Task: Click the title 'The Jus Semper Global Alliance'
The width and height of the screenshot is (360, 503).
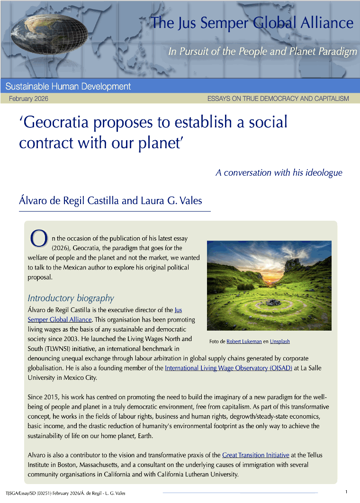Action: click(x=252, y=22)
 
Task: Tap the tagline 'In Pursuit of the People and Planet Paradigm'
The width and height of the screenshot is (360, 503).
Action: click(x=262, y=52)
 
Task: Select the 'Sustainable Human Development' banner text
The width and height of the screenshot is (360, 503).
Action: click(x=68, y=87)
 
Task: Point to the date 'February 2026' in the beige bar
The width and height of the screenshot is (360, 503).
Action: click(x=28, y=99)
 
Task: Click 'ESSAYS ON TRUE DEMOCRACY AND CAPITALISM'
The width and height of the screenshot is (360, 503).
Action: click(x=278, y=99)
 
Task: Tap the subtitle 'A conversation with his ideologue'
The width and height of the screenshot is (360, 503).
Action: click(x=279, y=172)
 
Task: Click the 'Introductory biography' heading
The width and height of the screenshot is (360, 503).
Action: click(x=71, y=298)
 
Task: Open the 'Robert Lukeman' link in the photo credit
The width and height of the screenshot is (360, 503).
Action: click(x=244, y=341)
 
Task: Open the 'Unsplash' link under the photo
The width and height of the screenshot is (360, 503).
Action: click(x=279, y=341)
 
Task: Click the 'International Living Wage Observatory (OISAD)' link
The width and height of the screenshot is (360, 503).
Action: click(x=228, y=368)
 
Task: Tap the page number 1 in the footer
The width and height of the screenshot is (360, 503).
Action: click(x=346, y=492)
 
